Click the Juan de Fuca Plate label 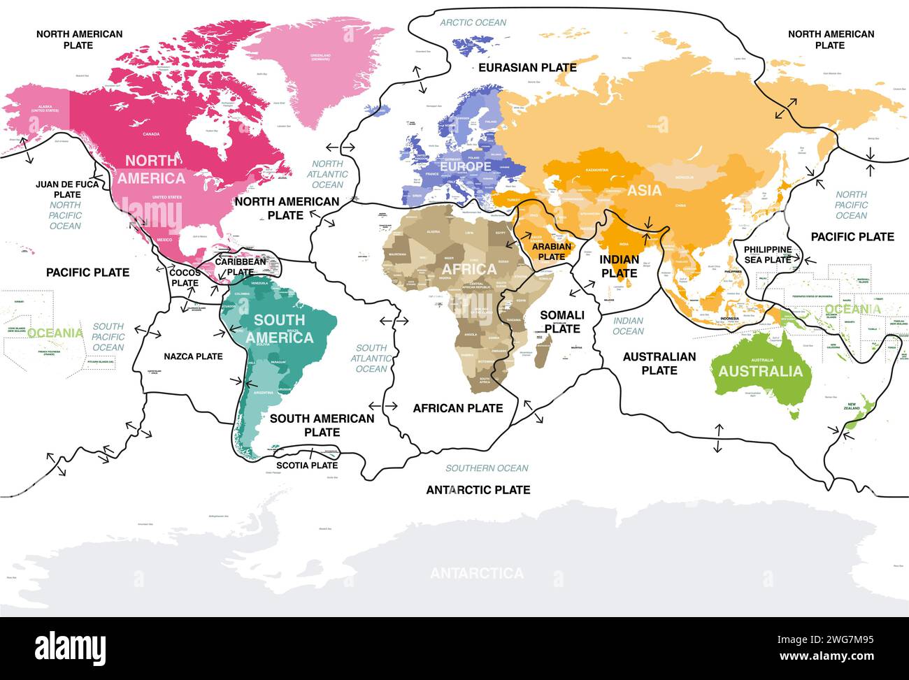(x=67, y=189)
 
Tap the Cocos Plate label (x=185, y=277)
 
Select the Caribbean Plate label (x=240, y=266)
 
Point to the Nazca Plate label (x=193, y=356)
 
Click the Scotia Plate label (x=307, y=465)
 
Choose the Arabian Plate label (x=551, y=252)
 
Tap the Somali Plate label (x=562, y=322)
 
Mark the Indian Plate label (x=619, y=266)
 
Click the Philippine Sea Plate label (x=768, y=254)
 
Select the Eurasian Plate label (x=527, y=68)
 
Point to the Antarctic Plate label (x=478, y=490)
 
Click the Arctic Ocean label (x=473, y=22)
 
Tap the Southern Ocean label (x=487, y=468)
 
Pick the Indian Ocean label (x=628, y=326)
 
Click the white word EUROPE (x=465, y=167)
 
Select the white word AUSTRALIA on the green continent (x=761, y=371)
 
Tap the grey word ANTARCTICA (x=476, y=573)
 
